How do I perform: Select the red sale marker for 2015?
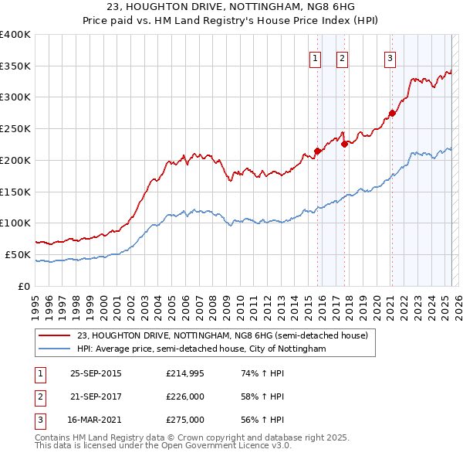(317, 151)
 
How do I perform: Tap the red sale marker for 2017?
(344, 144)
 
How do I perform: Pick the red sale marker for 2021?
(392, 113)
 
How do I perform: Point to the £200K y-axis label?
(15, 160)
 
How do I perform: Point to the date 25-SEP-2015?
(96, 373)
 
